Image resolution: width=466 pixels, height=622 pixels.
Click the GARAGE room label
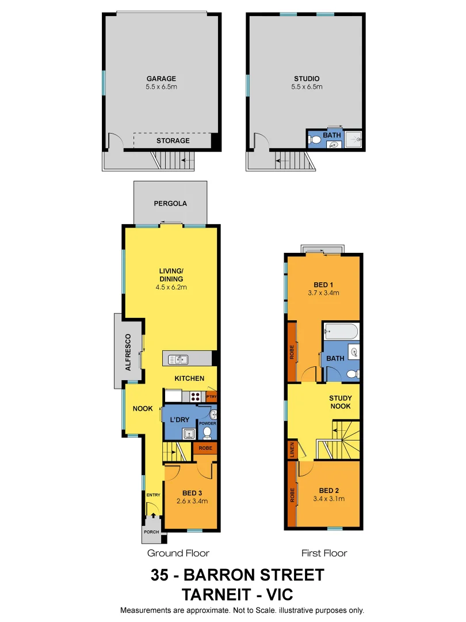point(161,79)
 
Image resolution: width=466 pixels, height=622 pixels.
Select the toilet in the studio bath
point(315,139)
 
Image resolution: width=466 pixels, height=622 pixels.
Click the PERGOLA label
point(170,203)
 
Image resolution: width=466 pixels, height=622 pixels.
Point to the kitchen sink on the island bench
point(178,360)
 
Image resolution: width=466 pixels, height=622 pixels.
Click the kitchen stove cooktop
point(195,396)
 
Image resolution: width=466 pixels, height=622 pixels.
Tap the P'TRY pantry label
point(211,396)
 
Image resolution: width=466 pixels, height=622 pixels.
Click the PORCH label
point(151,532)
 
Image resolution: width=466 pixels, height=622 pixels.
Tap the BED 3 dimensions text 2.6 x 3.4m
point(192,501)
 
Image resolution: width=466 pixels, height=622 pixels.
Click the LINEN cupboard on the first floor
point(292,450)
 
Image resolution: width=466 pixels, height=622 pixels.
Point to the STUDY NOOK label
point(341,402)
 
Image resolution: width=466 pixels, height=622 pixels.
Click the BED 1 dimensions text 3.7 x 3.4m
point(323,293)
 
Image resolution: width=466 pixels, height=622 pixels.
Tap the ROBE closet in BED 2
point(292,494)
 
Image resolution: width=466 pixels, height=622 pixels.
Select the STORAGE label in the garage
point(173,141)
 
